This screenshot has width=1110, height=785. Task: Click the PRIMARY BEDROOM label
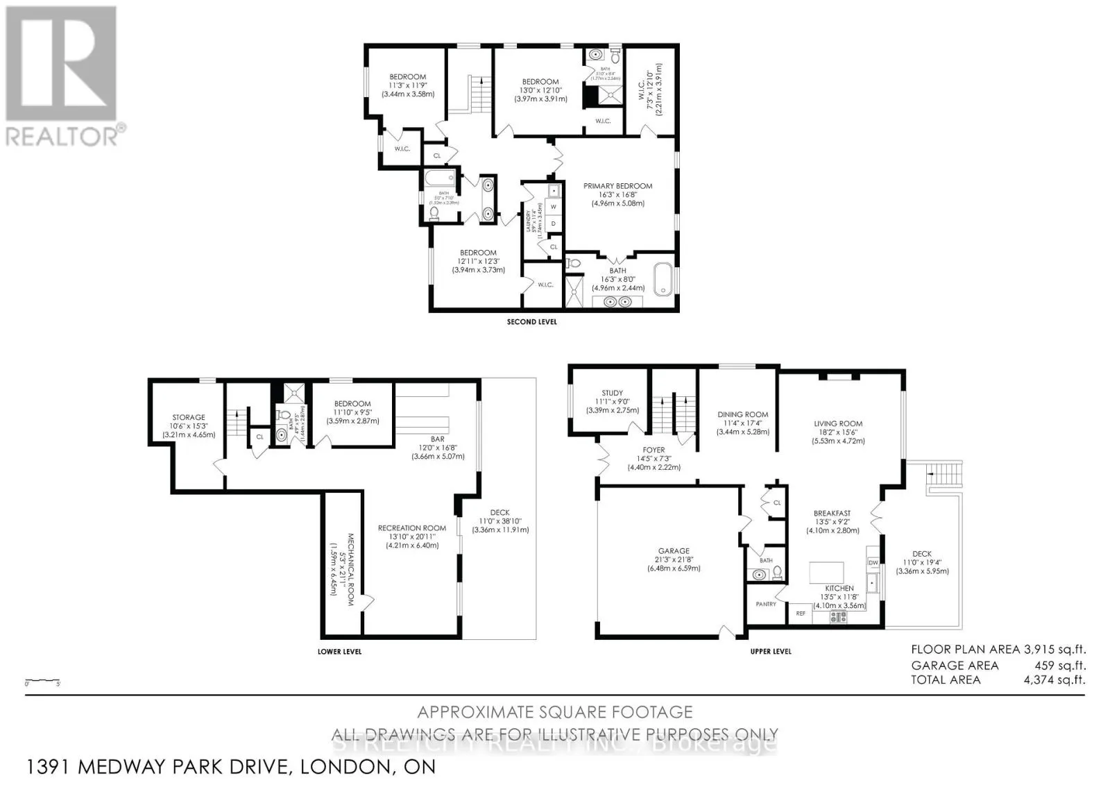tap(617, 186)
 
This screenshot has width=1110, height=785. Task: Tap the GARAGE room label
tap(674, 551)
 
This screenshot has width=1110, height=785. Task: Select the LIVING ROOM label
tap(838, 423)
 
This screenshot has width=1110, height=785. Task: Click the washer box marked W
tap(554, 207)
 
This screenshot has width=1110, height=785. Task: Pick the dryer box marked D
tap(554, 223)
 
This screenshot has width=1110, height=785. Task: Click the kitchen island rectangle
tap(827, 573)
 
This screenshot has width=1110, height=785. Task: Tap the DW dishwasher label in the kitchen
tap(873, 562)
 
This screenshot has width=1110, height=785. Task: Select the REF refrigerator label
tap(801, 614)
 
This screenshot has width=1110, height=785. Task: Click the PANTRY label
tap(766, 605)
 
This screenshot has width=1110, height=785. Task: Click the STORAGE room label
tap(189, 418)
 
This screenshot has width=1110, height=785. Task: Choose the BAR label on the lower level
tap(437, 439)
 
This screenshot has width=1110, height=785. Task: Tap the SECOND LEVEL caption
tap(531, 322)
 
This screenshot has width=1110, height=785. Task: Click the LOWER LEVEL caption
tap(339, 652)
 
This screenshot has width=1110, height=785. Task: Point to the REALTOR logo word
tap(62, 135)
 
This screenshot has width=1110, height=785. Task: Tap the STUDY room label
tap(612, 393)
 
